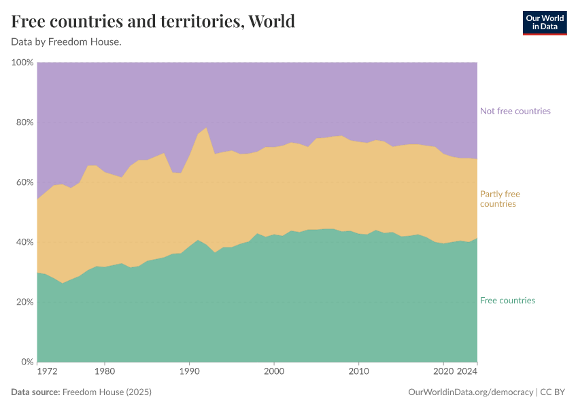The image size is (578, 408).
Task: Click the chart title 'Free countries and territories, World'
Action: pyautogui.click(x=153, y=22)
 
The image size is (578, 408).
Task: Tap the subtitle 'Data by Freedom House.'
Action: pyautogui.click(x=66, y=41)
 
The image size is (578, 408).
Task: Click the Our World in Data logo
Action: pyautogui.click(x=544, y=22)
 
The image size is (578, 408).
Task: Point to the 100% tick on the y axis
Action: pyautogui.click(x=22, y=63)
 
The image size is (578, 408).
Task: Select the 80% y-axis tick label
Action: pyautogui.click(x=24, y=122)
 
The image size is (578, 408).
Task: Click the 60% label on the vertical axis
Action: pyautogui.click(x=24, y=182)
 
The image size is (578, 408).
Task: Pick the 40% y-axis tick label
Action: pyautogui.click(x=24, y=242)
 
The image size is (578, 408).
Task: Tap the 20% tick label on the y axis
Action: pyautogui.click(x=24, y=302)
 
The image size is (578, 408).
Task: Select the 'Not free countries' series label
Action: pyautogui.click(x=515, y=111)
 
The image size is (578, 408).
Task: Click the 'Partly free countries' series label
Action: pyautogui.click(x=499, y=199)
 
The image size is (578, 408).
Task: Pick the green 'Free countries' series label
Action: pyautogui.click(x=507, y=301)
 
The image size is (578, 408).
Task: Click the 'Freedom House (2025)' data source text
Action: pyautogui.click(x=106, y=392)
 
